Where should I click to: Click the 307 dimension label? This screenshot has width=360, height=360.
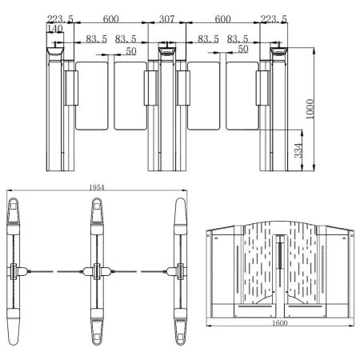click(166, 19)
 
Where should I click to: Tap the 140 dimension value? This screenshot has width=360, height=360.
click(55, 29)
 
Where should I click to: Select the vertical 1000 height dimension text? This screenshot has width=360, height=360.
click(310, 109)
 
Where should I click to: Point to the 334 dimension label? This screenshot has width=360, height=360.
click(298, 150)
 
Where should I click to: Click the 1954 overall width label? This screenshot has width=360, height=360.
click(97, 187)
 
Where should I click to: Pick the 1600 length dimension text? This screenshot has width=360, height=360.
click(280, 323)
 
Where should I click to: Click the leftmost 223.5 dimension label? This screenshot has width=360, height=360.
click(60, 19)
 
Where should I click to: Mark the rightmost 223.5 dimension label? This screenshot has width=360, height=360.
click(274, 19)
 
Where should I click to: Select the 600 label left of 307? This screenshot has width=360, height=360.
click(110, 19)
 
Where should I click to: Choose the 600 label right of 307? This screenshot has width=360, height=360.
click(222, 19)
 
